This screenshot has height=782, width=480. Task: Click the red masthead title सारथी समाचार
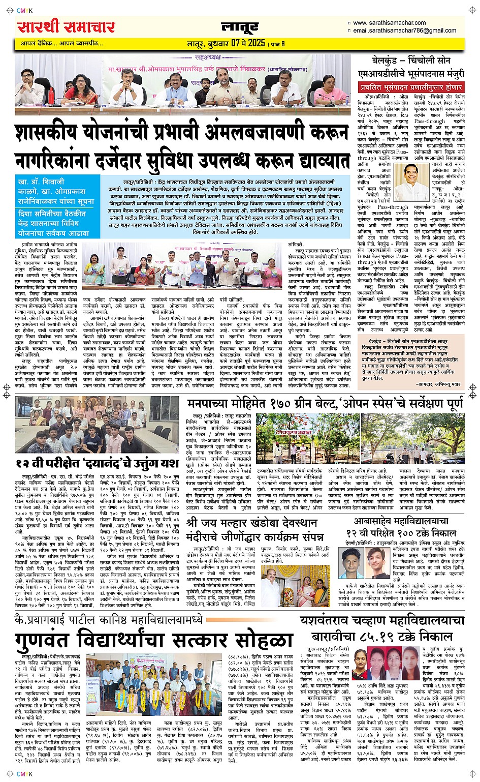click(66, 26)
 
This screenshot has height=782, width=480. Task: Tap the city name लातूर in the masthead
click(240, 28)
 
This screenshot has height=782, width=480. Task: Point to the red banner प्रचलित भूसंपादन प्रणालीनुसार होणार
click(411, 87)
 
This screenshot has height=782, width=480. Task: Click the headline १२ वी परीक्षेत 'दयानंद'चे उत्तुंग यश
click(97, 463)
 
